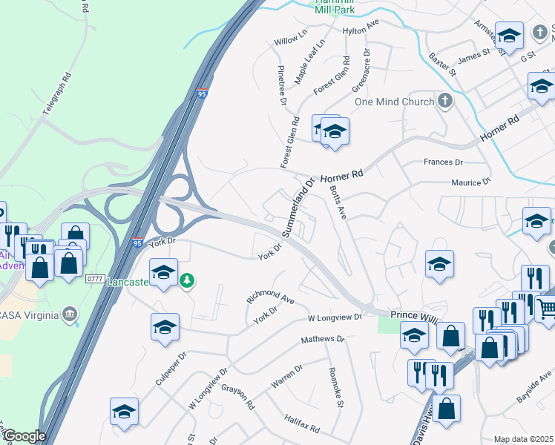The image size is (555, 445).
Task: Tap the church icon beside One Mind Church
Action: (445, 101)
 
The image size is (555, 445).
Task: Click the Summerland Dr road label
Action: (298, 208)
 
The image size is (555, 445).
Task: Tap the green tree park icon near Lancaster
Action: (188, 280)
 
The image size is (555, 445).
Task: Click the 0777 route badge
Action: (94, 278)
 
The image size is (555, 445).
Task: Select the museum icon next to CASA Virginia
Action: (70, 314)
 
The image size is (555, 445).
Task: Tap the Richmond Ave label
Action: (271, 297)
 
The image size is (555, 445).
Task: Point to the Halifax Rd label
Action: (302, 424)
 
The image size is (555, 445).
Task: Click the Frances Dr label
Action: (443, 162)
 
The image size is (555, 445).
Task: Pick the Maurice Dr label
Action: (471, 182)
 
